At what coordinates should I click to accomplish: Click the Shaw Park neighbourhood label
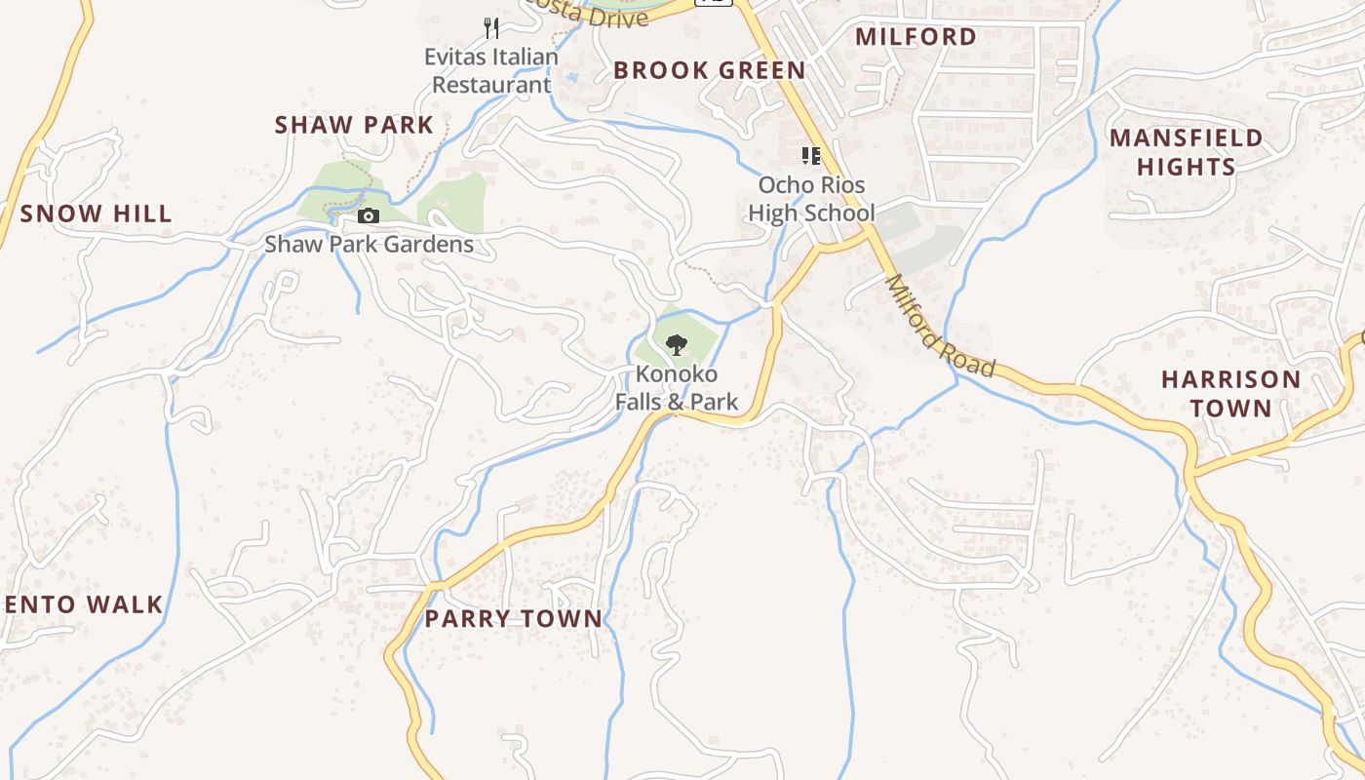tap(353, 125)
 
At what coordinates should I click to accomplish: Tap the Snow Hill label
tap(96, 214)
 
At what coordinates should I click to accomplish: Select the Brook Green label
tap(709, 70)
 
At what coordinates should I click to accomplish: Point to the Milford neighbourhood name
tap(916, 37)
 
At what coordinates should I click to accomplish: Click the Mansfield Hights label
tap(1186, 152)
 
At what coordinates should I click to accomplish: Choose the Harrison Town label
tap(1230, 393)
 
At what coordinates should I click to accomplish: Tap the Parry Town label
tap(513, 618)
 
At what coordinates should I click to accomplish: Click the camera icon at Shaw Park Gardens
tap(369, 215)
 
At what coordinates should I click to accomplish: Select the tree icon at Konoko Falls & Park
tap(677, 344)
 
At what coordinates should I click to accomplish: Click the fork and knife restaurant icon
tap(491, 27)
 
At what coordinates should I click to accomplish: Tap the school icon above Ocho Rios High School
tap(810, 155)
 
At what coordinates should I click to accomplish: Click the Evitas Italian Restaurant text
tap(491, 70)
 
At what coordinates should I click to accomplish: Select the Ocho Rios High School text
tap(811, 199)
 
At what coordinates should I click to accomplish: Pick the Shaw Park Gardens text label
tap(369, 244)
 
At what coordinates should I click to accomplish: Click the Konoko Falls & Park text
tap(677, 387)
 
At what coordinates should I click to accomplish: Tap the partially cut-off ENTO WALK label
tap(82, 604)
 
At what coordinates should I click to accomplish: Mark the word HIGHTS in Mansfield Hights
tap(1186, 167)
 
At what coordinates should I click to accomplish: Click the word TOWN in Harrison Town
tap(1230, 408)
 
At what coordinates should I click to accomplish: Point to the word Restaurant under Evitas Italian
tap(491, 85)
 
